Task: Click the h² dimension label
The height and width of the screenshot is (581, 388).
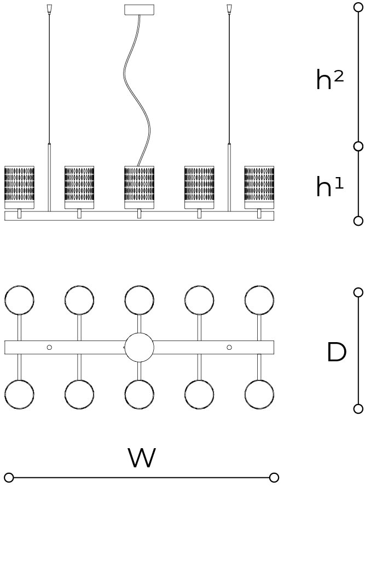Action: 330,81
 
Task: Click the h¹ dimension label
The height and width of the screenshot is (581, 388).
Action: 330,187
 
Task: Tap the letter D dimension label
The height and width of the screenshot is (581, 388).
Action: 337,353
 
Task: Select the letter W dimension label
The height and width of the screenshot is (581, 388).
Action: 142,459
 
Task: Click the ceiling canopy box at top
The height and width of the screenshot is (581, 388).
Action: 139,10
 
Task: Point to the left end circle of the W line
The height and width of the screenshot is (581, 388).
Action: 9,478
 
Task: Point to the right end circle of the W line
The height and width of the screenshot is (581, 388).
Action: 274,478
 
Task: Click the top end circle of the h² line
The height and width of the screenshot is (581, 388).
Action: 358,7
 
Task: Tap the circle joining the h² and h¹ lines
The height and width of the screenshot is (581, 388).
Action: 358,146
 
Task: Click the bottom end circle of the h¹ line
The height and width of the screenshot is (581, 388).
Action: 358,221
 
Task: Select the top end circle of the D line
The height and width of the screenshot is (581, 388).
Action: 358,292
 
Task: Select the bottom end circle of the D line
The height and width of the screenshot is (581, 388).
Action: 358,409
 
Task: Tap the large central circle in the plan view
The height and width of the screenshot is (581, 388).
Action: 139,348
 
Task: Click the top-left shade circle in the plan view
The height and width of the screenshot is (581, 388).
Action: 19,300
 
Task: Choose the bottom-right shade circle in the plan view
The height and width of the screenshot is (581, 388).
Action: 259,395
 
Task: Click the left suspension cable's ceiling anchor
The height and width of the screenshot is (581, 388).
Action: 49,9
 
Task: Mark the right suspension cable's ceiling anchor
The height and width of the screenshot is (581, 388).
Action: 229,9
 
